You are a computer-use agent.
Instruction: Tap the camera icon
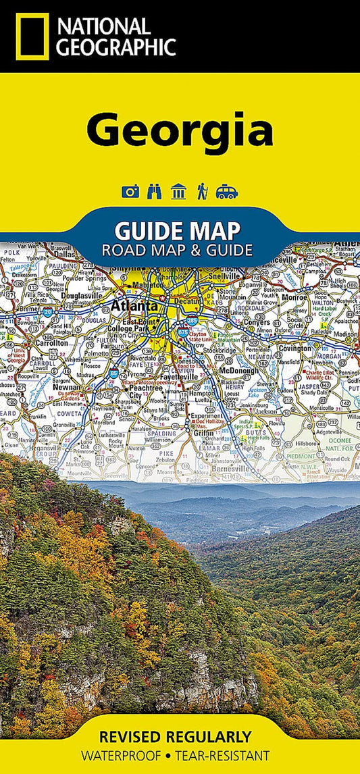pyautogui.click(x=130, y=191)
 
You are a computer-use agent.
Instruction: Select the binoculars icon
pyautogui.click(x=154, y=191)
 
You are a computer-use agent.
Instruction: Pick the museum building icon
pyautogui.click(x=178, y=191)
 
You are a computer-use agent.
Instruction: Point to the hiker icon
pyautogui.click(x=202, y=191)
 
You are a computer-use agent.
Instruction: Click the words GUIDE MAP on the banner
pyautogui.click(x=177, y=230)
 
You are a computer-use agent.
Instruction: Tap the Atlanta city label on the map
pyautogui.click(x=139, y=305)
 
